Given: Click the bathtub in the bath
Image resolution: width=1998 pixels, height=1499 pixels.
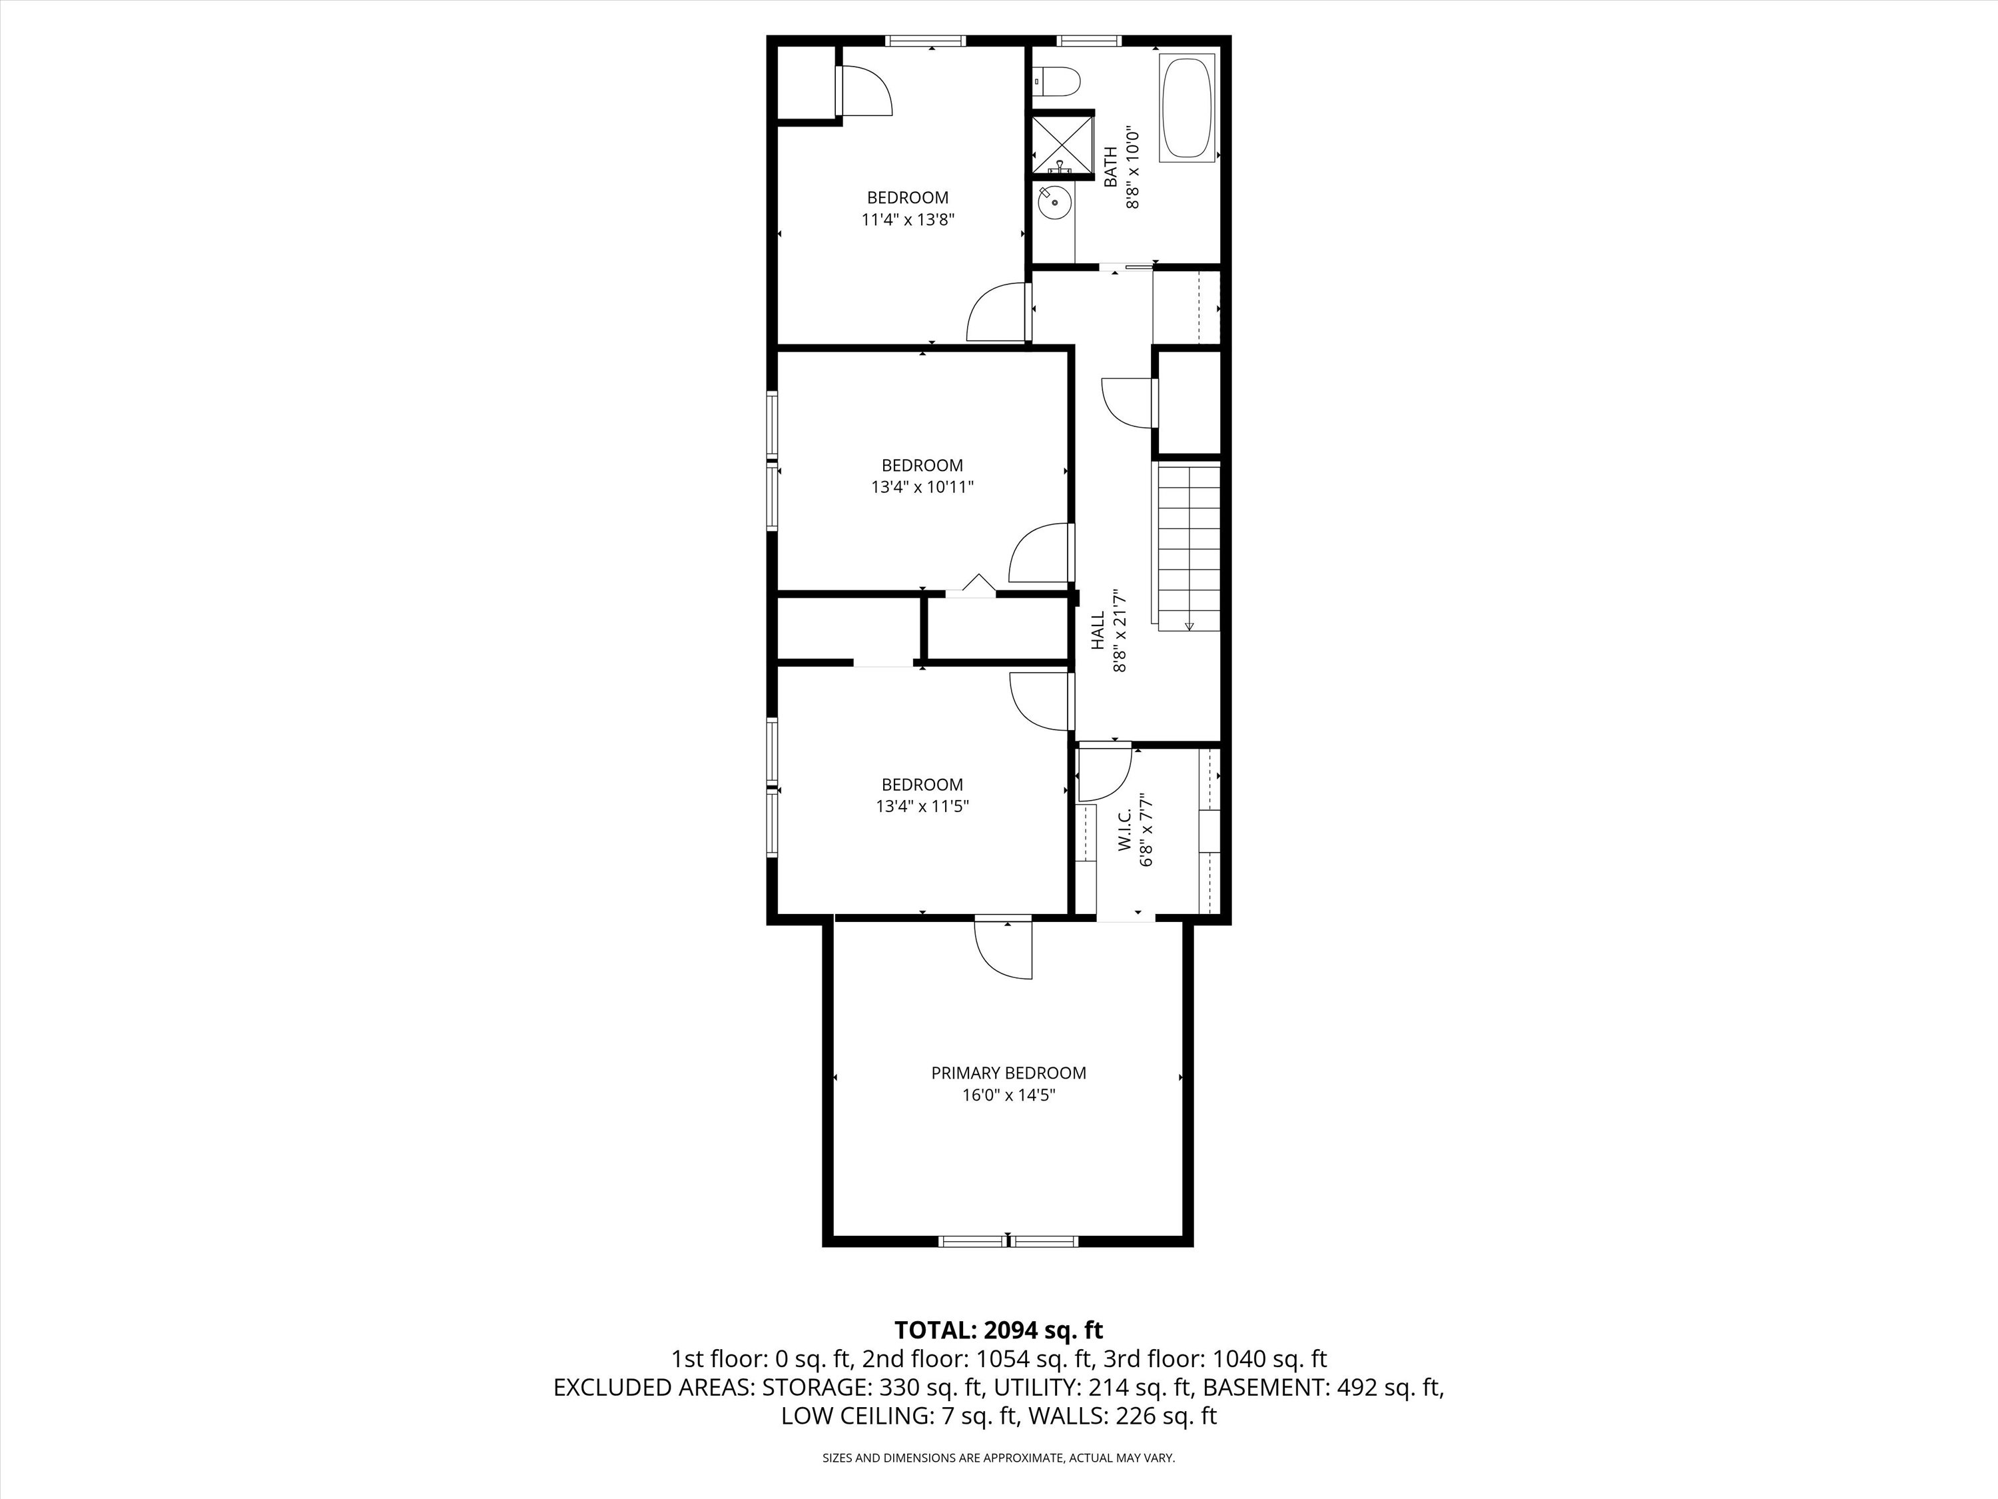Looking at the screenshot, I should pyautogui.click(x=1187, y=109).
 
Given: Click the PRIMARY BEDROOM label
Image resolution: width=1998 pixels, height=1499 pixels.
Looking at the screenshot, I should pyautogui.click(x=1008, y=1073).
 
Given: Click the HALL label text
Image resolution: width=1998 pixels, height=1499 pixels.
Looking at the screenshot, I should pyautogui.click(x=1098, y=631).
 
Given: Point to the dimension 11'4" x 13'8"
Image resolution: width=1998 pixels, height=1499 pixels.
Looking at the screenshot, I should pyautogui.click(x=908, y=219).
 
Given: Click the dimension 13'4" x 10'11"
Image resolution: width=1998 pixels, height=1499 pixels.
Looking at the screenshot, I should pyautogui.click(x=922, y=487).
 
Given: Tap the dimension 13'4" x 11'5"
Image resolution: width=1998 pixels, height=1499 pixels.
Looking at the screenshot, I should pyautogui.click(x=922, y=806).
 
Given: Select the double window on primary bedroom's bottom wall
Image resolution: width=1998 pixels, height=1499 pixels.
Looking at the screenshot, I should pyautogui.click(x=1008, y=1241).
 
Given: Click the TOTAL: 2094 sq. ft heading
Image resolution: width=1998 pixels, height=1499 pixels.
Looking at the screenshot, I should pyautogui.click(x=998, y=1330).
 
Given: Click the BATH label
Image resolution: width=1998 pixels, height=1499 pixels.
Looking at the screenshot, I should pyautogui.click(x=1111, y=167).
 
